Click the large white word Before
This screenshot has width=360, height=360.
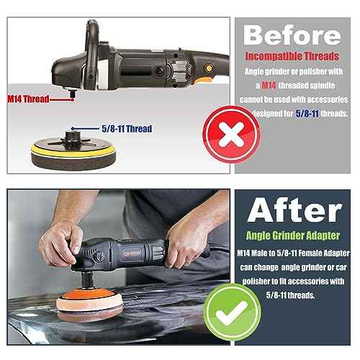coord(292,35)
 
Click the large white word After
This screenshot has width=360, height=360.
coord(294,210)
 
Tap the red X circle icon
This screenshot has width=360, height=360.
coord(231,135)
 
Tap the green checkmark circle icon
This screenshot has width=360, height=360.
coord(232,312)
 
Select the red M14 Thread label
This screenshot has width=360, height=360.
coord(28,99)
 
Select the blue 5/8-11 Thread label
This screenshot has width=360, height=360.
coord(127,129)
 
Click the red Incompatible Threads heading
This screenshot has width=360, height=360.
coord(292,56)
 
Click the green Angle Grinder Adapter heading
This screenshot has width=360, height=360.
coord(293,235)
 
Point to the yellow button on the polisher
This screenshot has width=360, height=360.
coord(209,68)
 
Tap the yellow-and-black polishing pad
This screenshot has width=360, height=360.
coord(73,151)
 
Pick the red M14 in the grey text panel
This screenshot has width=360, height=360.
coord(269,85)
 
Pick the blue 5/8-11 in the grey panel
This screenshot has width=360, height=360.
coord(307,113)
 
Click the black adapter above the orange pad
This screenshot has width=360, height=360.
coord(87,279)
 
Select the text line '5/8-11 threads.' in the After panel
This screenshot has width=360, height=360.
coord(290,295)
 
